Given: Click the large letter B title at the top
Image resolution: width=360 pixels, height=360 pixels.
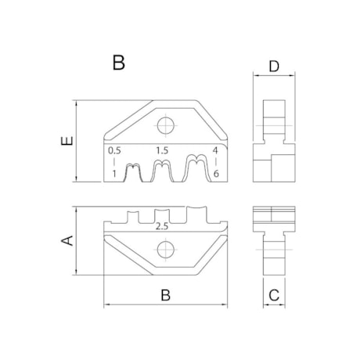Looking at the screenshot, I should click(118, 63).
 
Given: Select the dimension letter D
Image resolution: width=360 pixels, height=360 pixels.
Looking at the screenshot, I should click(274, 67).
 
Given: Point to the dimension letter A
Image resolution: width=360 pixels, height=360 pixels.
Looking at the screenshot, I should click(67, 240).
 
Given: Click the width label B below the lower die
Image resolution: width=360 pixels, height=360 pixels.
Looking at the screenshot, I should click(165, 294).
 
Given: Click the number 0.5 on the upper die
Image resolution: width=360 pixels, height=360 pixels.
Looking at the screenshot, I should click(114, 149).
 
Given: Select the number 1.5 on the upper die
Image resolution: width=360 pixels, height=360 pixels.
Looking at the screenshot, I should click(162, 149).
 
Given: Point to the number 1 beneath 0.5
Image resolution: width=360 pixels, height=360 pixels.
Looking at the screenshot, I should click(114, 172).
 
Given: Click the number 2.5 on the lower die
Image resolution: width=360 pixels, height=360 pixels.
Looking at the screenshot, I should click(163, 226).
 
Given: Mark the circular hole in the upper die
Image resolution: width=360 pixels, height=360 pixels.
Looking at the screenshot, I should click(164, 125).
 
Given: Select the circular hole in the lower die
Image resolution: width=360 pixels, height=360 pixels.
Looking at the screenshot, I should click(164, 250).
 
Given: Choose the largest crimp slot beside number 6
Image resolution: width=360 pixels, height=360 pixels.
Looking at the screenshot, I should click(195, 170).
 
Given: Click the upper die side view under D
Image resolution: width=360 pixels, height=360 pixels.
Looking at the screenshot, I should click(274, 141).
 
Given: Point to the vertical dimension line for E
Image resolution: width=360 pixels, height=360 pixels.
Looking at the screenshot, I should click(76, 141).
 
